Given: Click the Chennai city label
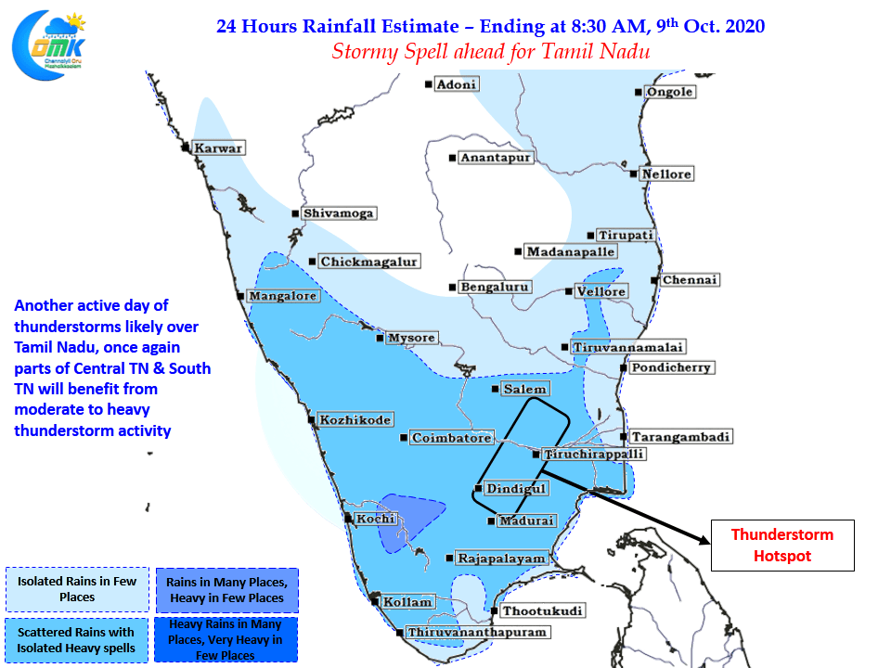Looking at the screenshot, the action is (690, 280).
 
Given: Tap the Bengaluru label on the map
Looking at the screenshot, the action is (495, 287).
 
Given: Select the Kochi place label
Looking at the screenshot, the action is (375, 519).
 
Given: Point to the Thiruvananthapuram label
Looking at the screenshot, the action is (477, 632).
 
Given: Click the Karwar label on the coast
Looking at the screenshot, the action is (218, 148).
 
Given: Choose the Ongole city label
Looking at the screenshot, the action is (670, 92).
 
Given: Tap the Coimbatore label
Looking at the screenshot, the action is (451, 438).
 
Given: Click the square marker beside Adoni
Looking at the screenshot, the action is (429, 84).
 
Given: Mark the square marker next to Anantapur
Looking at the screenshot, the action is (452, 158).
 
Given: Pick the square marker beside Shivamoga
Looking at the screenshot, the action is (295, 213).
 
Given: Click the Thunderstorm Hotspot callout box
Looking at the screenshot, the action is (782, 546).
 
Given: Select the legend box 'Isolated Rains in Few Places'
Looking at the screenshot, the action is (77, 589).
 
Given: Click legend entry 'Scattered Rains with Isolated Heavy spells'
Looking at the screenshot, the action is (77, 640).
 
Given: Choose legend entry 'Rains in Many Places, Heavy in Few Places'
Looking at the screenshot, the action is (227, 590).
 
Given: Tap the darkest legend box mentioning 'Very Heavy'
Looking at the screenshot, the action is (226, 639).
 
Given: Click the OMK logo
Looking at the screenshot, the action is (49, 45).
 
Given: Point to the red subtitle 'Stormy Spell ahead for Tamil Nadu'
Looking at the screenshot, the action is (490, 52).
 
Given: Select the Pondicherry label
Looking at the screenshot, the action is (671, 367).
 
